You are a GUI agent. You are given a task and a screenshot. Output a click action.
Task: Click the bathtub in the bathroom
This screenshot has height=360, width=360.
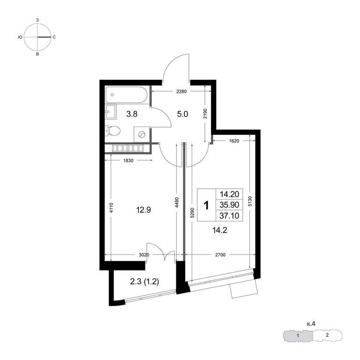tap(126, 95)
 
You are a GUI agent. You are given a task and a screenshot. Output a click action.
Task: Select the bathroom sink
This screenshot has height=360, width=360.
tap(111, 112)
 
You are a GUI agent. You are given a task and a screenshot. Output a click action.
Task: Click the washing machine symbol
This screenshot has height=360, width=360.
tap(142, 135)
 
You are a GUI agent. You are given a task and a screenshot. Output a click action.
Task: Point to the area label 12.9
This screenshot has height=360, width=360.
tap(143, 210)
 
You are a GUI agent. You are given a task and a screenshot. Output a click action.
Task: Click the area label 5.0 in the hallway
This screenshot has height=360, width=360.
tap(182, 114)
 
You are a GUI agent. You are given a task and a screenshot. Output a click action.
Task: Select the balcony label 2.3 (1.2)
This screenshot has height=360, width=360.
tap(145, 281)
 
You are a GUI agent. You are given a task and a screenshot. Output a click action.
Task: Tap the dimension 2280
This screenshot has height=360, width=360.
tap(181, 91)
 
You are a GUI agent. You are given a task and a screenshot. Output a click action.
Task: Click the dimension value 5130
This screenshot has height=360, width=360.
tap(250, 201)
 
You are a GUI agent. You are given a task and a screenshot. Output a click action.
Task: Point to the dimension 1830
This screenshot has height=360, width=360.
tap(128, 161)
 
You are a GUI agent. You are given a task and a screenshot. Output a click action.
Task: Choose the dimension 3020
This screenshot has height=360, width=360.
tap(144, 255)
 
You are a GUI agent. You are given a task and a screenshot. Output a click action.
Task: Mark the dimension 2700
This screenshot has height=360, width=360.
tap(220, 255)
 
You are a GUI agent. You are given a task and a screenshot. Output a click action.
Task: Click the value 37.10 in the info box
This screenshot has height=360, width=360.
tap(229, 216)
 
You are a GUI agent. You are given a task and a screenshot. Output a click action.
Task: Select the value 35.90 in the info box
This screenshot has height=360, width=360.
tap(229, 205)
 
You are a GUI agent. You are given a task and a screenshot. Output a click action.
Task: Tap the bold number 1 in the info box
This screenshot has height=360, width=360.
tap(207, 205)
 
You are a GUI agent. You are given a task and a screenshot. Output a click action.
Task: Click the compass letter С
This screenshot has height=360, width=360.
tap(54, 37)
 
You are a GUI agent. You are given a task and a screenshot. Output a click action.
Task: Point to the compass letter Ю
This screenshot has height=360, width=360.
tap(20, 37)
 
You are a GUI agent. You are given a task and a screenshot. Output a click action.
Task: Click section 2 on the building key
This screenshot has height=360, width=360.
tap(327, 335)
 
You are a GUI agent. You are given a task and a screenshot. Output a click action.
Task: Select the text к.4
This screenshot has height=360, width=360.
tap(311, 324)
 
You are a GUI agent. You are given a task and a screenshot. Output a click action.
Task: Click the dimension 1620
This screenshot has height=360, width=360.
tap(234, 141)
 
